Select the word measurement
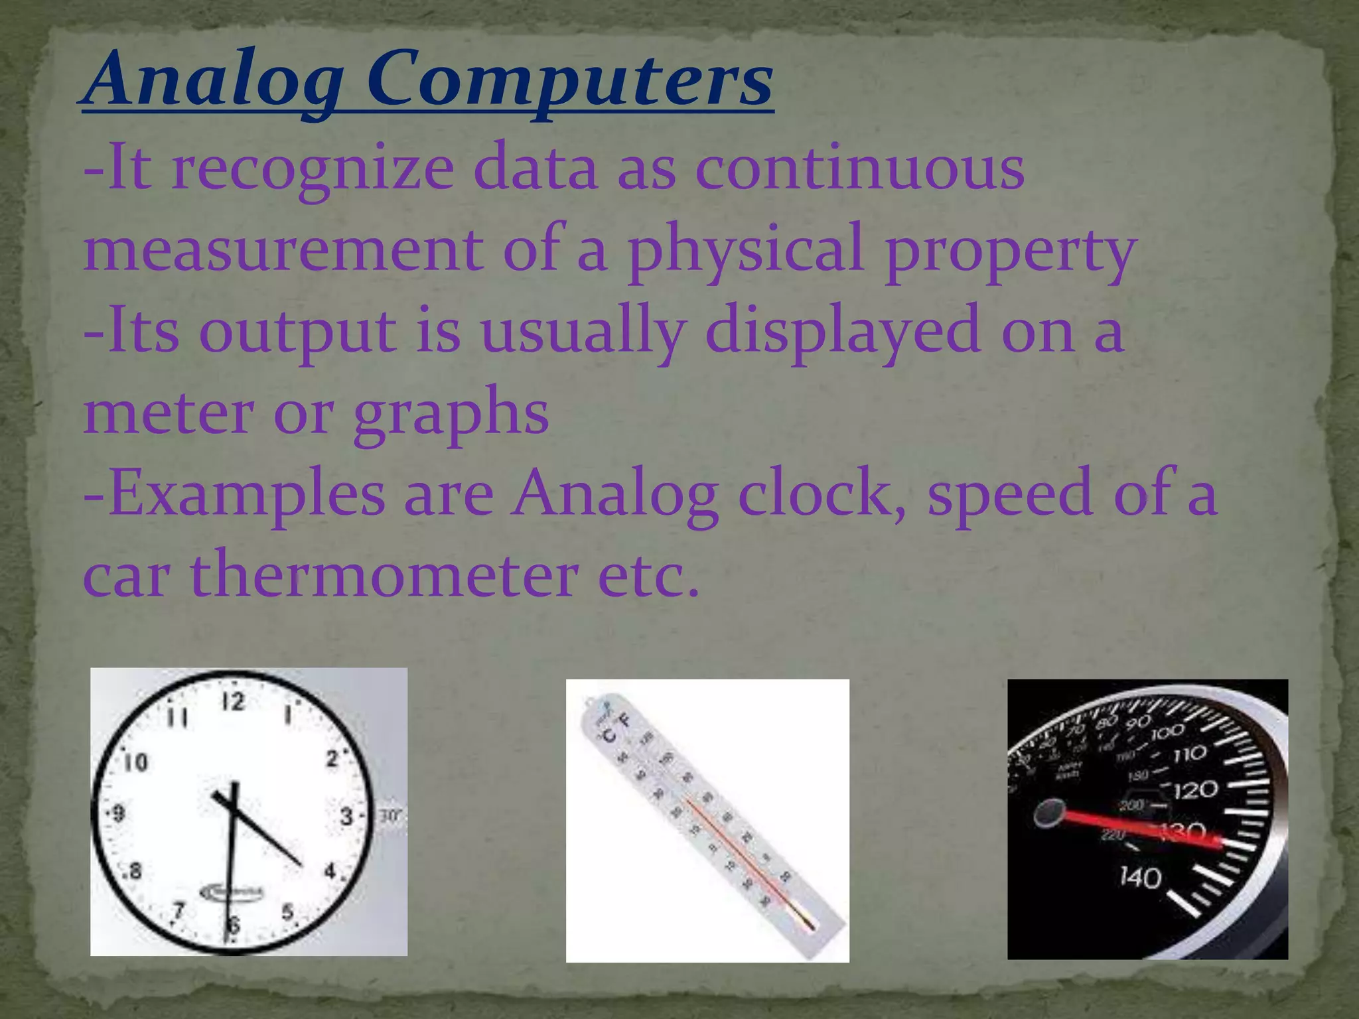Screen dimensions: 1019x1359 282,249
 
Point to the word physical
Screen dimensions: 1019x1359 746,249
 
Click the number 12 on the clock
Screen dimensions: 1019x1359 233,702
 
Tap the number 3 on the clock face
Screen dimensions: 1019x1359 347,815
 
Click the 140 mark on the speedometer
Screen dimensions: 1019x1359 1140,877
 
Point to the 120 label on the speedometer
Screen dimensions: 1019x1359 1195,789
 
